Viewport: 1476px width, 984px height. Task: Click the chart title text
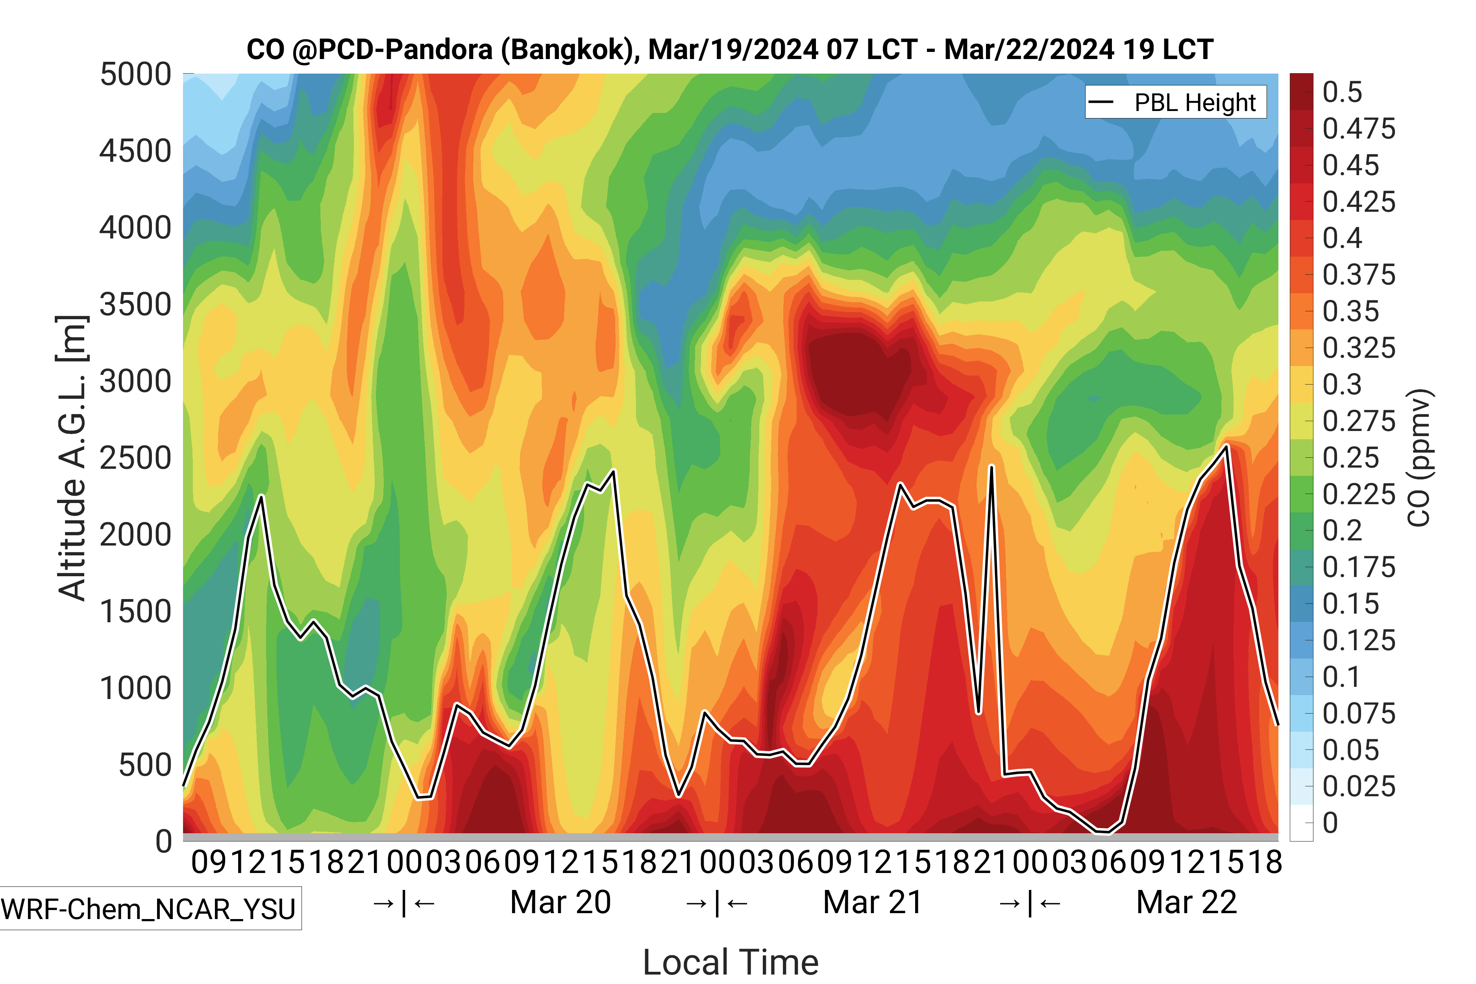729,50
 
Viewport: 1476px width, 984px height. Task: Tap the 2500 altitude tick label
135,458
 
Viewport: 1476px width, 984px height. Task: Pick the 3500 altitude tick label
135,305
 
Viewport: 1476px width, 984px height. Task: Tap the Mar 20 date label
560,903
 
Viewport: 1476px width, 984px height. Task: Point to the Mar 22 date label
1186,903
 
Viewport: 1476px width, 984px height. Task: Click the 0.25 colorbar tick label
1350,458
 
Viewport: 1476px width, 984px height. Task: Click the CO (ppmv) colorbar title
1420,458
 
